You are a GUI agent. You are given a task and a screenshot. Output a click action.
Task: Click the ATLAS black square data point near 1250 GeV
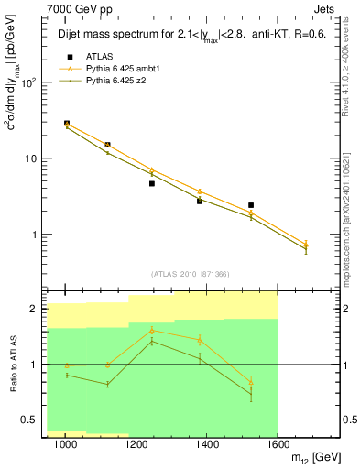pos(152,183)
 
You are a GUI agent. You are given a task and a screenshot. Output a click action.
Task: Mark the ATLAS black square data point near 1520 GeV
pos(250,205)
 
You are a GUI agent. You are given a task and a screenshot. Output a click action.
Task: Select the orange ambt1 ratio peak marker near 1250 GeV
pos(152,330)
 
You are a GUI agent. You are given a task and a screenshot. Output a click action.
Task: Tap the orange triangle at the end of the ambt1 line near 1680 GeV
pos(306,245)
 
